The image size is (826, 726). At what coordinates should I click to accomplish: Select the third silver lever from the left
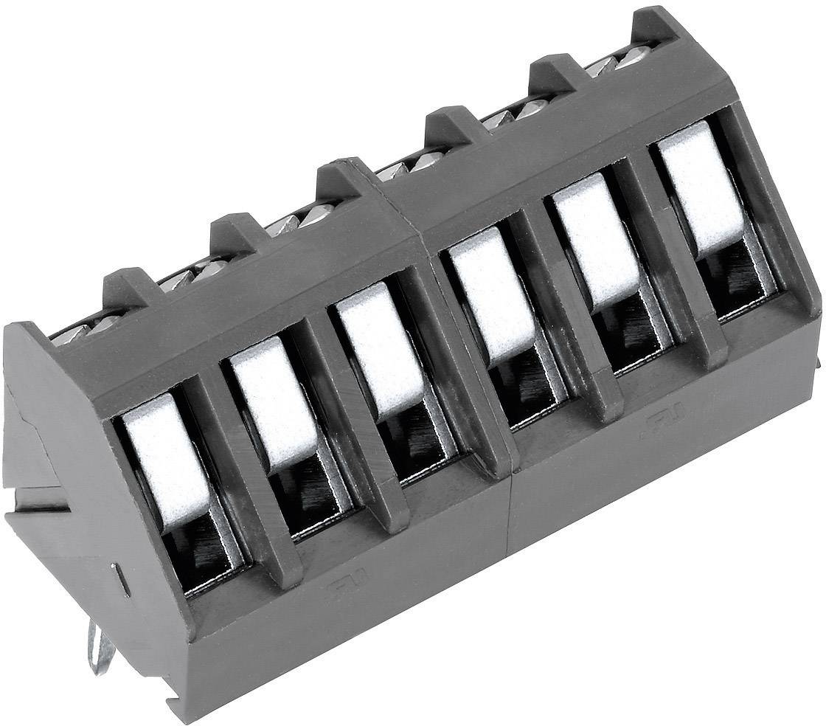[x=380, y=348]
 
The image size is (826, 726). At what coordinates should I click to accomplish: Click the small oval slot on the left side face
[x=125, y=579]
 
